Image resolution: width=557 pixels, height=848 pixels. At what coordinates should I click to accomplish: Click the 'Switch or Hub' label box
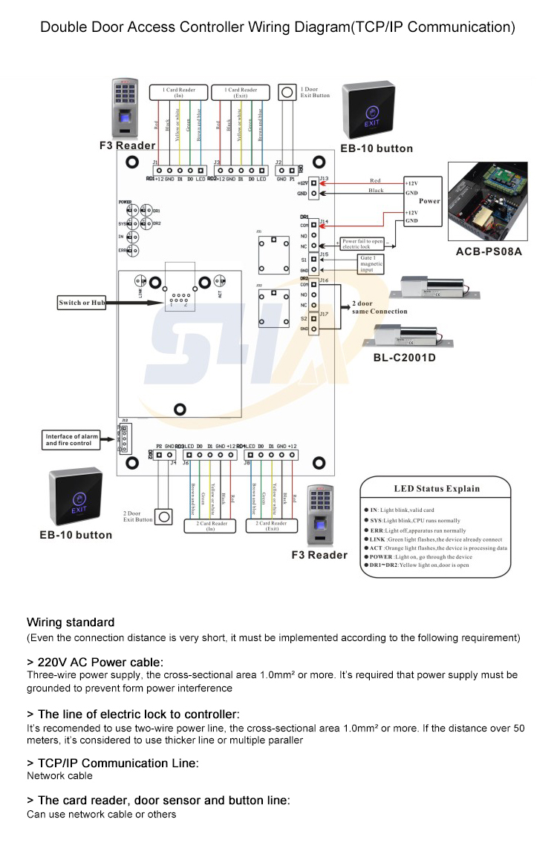(82, 303)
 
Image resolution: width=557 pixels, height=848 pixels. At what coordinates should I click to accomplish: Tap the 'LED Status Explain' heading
(436, 489)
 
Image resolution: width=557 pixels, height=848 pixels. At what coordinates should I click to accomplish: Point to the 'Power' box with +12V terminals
(421, 201)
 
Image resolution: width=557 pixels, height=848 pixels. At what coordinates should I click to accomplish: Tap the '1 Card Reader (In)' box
(179, 93)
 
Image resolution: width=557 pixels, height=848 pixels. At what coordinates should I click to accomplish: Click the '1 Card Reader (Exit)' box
(240, 93)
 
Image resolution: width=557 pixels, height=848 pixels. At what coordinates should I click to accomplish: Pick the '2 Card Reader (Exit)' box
(272, 526)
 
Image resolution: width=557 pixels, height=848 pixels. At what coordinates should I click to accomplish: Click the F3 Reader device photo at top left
(126, 108)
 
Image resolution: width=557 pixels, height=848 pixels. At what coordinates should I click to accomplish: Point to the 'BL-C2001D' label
(404, 358)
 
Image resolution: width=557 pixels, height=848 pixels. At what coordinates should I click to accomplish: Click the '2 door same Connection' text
(380, 308)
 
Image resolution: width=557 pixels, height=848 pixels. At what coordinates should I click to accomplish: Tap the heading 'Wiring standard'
(71, 622)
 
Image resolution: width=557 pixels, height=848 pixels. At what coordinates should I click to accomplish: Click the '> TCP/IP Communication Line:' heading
(112, 763)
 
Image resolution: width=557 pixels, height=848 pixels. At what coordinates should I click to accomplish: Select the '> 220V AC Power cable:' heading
(95, 662)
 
